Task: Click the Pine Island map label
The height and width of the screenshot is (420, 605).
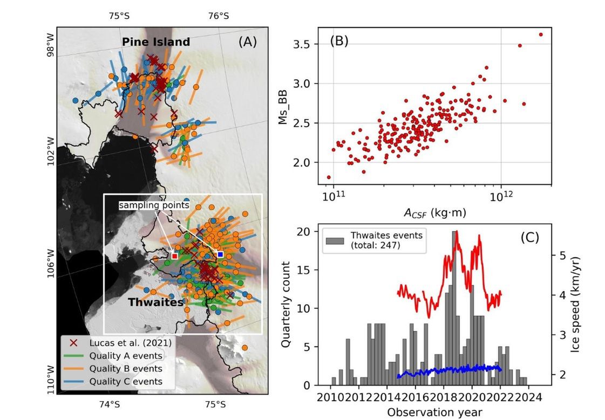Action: [x=155, y=42]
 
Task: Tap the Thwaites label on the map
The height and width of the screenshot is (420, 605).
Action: [x=155, y=302]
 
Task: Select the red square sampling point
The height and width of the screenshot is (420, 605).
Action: [x=175, y=256]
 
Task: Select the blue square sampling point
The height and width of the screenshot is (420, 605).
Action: [x=220, y=254]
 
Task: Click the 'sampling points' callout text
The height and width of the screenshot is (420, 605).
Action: [x=154, y=205]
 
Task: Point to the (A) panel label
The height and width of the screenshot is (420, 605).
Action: [x=248, y=42]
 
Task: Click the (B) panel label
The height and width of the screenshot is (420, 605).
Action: [x=339, y=41]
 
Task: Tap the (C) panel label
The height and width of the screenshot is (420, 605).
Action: [x=530, y=237]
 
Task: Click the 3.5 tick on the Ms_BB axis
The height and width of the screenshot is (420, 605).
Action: [x=309, y=44]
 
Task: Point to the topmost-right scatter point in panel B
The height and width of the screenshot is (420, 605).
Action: [x=541, y=35]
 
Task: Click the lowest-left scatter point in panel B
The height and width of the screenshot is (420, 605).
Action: [x=329, y=177]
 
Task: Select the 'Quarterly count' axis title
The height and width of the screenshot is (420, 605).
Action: [x=287, y=306]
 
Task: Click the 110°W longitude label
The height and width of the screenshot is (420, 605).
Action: [x=51, y=380]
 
